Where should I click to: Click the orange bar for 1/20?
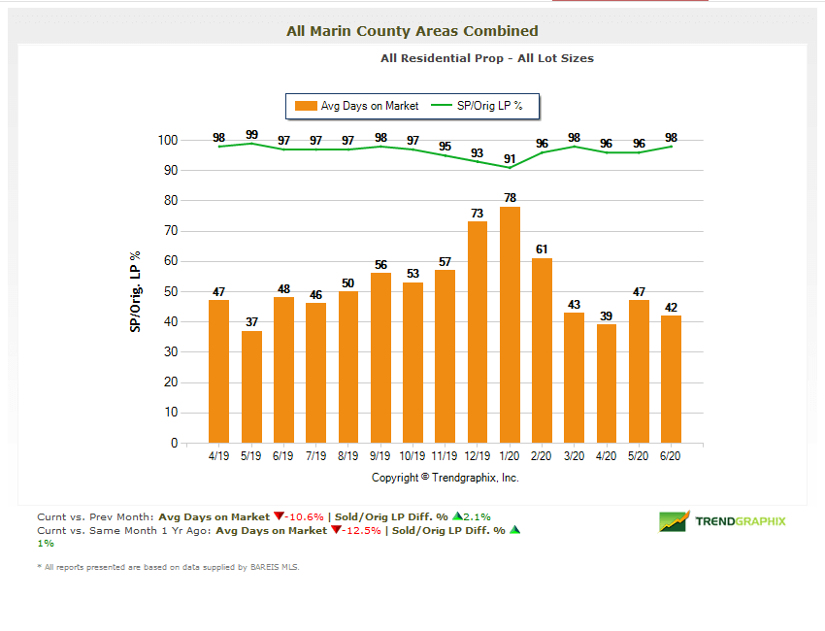click(510, 325)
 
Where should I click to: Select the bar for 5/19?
click(251, 386)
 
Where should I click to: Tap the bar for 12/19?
click(478, 332)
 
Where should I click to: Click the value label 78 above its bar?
click(510, 198)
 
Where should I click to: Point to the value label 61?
click(543, 249)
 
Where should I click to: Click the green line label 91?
click(510, 159)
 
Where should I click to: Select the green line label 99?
click(251, 135)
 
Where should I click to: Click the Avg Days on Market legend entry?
click(358, 106)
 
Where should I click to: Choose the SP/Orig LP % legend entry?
click(480, 106)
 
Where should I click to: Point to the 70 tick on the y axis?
click(170, 231)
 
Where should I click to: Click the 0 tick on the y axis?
click(174, 443)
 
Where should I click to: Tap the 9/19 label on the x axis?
click(380, 455)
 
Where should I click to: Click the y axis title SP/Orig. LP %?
click(135, 291)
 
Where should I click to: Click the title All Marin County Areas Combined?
click(412, 31)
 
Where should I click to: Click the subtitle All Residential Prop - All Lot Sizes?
click(487, 58)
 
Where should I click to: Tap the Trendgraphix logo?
click(723, 521)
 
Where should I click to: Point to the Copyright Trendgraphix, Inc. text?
click(445, 478)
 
